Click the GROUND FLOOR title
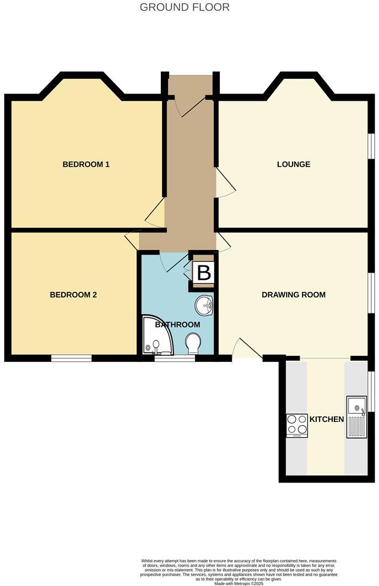(185, 7)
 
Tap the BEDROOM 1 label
(86, 164)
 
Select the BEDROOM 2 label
(73, 295)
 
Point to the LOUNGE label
(294, 164)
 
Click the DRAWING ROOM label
(294, 295)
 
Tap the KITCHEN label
(327, 419)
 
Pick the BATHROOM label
(177, 324)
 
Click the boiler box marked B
(204, 272)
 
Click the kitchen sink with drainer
(356, 417)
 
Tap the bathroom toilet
(193, 344)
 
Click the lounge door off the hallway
(225, 184)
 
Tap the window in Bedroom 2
(72, 358)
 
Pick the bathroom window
(174, 358)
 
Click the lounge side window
(371, 148)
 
